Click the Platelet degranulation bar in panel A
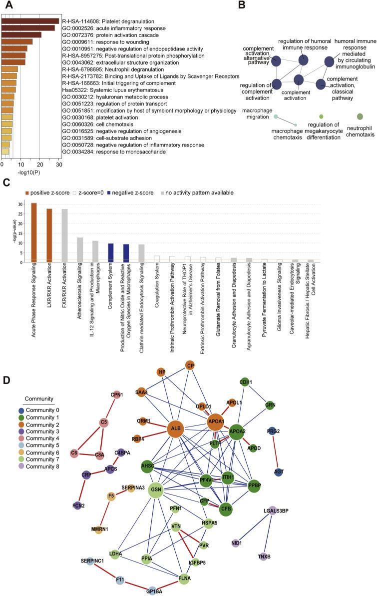[x=30, y=21]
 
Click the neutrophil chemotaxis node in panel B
[x=360, y=116]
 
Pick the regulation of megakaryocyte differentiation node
[x=321, y=116]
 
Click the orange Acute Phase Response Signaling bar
[x=34, y=232]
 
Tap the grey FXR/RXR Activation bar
[x=65, y=235]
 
